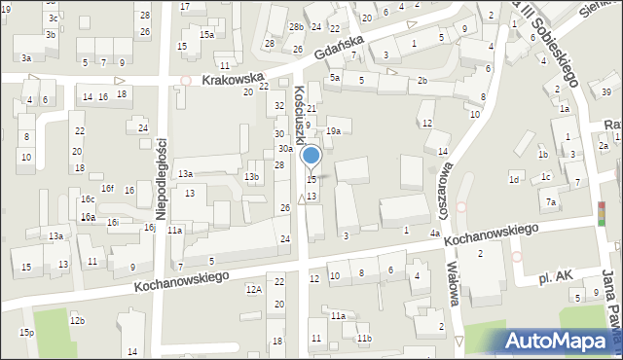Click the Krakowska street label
[x=234, y=79]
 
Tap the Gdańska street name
[x=339, y=48]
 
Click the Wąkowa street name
[x=451, y=281]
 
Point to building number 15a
[x=206, y=35]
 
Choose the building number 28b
[x=296, y=26]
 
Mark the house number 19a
[x=333, y=130]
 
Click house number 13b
[x=251, y=176]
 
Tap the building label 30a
[x=285, y=149]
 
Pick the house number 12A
[x=253, y=289]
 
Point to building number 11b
[x=363, y=338]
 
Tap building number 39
[x=605, y=92]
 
